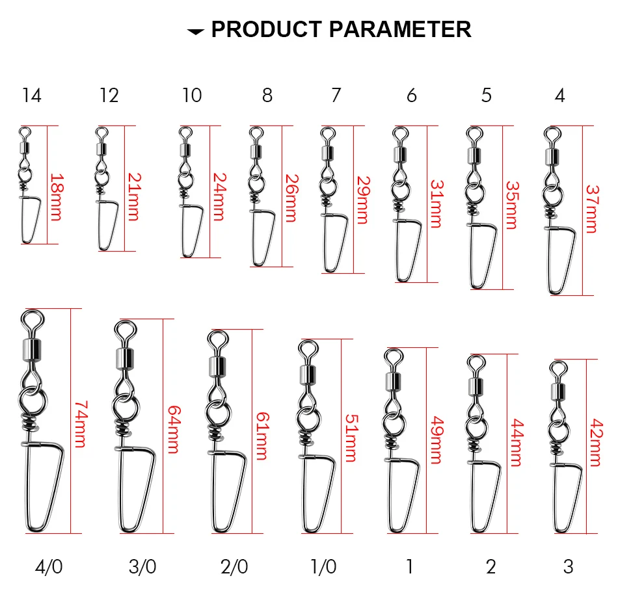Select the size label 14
pos(31,96)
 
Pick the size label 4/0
pos(49,567)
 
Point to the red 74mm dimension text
pos(81,423)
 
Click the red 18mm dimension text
pos(57,197)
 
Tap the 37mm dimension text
pos(591,209)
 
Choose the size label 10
pos(191,96)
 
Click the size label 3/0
pos(142,567)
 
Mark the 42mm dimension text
pos(593,441)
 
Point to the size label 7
pos(336,96)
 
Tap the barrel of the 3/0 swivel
pos(124,356)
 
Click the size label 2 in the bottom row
pos(490,567)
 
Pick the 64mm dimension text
pos(174,430)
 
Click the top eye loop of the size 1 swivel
pos(392,356)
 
